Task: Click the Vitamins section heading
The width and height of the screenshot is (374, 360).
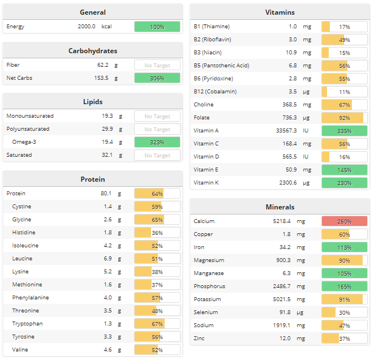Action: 280,12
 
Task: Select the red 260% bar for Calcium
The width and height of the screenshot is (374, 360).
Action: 344,221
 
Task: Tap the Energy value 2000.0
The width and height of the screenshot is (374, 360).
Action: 87,27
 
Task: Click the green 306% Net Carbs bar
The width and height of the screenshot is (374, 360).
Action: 157,78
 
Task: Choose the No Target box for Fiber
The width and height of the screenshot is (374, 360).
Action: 157,65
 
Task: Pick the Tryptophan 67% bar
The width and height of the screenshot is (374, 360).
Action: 157,324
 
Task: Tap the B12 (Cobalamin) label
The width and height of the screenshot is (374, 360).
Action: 215,92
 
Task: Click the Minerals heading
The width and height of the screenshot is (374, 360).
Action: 280,207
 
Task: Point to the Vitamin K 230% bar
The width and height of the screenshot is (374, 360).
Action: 344,183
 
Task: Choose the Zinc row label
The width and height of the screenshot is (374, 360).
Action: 199,338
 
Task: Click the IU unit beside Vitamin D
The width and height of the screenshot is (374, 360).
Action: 307,157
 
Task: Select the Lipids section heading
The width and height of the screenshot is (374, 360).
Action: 93,102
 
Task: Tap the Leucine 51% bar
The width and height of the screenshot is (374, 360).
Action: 157,259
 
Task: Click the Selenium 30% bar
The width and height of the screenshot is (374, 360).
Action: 344,312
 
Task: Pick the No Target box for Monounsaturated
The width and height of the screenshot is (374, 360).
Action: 157,116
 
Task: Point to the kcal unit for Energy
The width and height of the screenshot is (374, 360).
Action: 106,27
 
